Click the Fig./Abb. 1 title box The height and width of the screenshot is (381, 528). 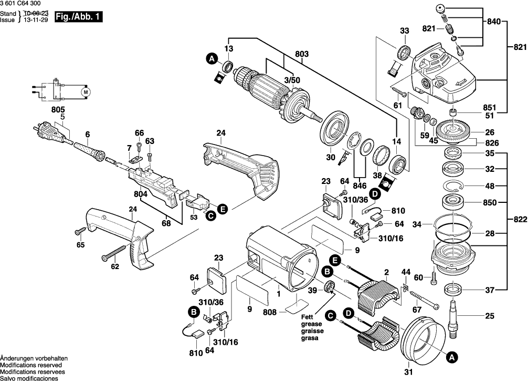click(78, 17)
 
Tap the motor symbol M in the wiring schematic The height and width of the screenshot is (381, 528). click(86, 91)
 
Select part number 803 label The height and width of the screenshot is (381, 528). click(302, 54)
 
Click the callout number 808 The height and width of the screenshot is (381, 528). click(270, 312)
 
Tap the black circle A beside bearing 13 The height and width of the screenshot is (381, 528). click(212, 59)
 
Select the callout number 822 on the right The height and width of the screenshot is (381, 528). click(520, 220)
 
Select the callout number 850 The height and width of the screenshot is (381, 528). click(490, 203)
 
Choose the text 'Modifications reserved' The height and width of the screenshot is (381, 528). click(31, 365)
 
